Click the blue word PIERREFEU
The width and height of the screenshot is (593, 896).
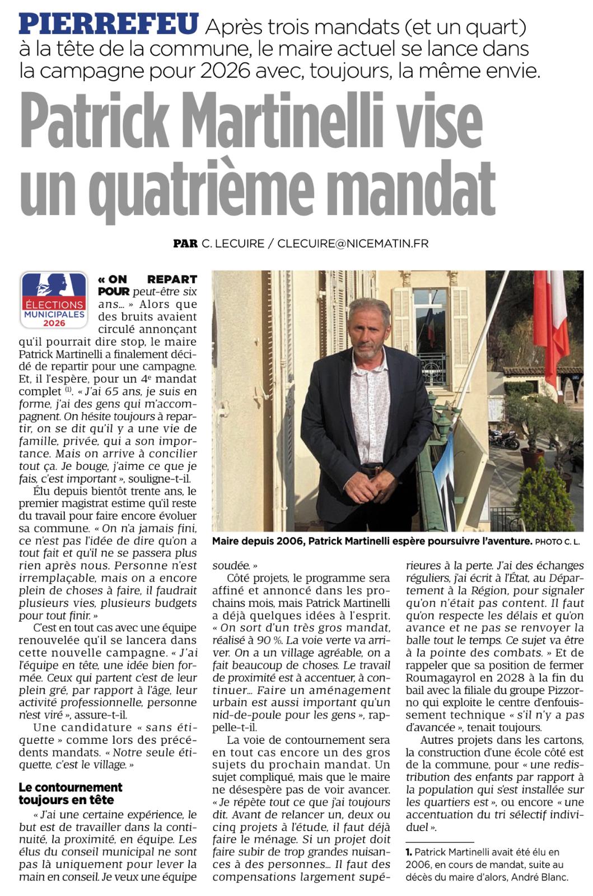click(109, 25)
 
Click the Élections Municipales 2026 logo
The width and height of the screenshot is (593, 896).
click(54, 300)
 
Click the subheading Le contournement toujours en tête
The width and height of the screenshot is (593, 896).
click(70, 793)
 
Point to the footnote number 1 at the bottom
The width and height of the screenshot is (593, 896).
click(409, 852)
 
